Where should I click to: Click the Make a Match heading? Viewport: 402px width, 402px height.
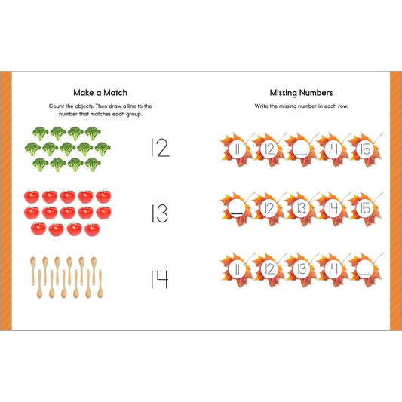100,93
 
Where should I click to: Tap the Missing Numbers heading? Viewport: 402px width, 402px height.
301,93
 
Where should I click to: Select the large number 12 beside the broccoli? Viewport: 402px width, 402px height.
160,148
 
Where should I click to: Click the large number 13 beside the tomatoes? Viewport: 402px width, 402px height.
159,213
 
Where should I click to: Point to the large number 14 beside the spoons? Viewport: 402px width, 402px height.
159,279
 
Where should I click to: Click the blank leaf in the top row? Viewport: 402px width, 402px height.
301,150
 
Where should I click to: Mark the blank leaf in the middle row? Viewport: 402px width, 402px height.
236,208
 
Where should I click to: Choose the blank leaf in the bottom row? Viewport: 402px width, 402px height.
365,269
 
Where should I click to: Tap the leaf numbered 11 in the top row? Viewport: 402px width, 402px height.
236,150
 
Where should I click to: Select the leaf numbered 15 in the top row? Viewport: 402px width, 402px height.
365,150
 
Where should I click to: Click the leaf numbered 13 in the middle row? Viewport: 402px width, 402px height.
301,208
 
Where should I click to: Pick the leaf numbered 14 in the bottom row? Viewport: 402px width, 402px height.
333,269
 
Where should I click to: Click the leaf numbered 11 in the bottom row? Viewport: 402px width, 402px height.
236,269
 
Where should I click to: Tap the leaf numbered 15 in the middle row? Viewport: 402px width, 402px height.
365,208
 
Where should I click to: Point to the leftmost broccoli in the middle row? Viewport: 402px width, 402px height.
32,149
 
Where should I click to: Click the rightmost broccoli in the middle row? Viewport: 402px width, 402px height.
103,149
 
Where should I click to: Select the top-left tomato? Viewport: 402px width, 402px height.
32,197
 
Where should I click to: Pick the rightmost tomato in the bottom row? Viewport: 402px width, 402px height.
92,229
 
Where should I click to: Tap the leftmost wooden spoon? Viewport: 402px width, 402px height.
33,271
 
